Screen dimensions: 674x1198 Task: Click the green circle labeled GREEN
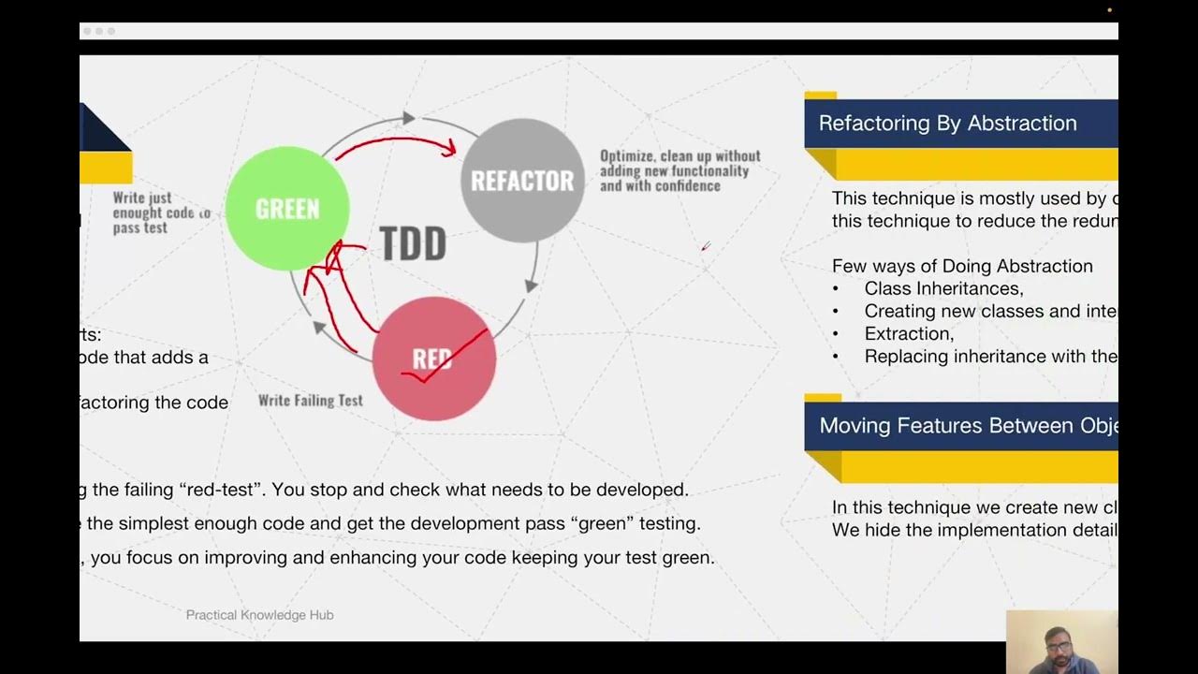(x=286, y=208)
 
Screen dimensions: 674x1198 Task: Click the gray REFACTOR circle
(x=522, y=180)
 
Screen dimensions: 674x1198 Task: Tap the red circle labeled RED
(x=433, y=359)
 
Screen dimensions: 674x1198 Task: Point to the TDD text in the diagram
(x=413, y=244)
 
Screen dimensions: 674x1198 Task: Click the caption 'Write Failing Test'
(x=310, y=400)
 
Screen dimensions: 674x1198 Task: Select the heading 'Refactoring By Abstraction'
(x=947, y=124)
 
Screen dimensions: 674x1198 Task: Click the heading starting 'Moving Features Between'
(x=968, y=426)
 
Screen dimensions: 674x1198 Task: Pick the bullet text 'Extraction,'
(x=909, y=333)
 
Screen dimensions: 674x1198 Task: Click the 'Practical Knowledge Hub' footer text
(x=259, y=615)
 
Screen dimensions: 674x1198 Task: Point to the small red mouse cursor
(x=706, y=246)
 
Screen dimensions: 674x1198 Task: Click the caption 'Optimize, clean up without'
(x=679, y=156)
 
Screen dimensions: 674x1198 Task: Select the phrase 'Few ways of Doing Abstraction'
(x=962, y=266)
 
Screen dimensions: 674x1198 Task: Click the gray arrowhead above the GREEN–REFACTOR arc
(x=407, y=118)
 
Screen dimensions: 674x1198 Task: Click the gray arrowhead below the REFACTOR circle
(x=532, y=285)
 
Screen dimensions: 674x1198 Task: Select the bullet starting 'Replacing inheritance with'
(x=990, y=356)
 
